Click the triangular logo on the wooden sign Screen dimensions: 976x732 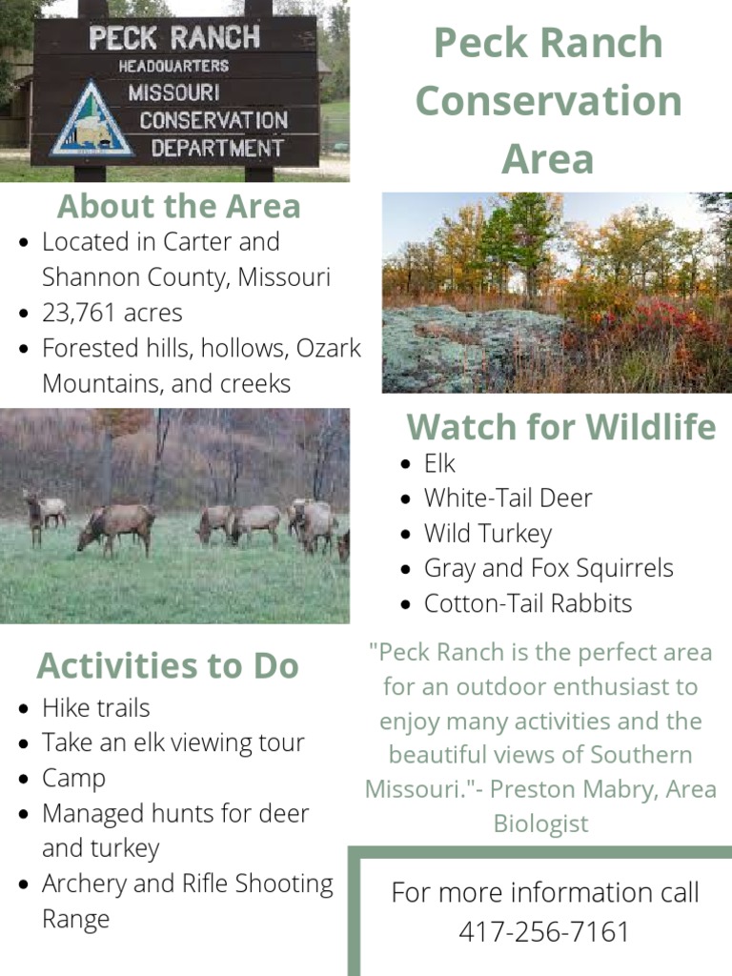(x=92, y=120)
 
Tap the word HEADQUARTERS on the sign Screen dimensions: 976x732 (x=173, y=66)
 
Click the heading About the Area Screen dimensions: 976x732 (x=178, y=206)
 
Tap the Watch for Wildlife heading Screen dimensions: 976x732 (x=560, y=427)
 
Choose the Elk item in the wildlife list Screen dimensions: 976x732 (x=439, y=464)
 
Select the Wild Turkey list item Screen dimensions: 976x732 (x=487, y=534)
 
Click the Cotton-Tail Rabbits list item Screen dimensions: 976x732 (x=527, y=603)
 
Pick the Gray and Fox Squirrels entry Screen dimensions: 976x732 (x=548, y=568)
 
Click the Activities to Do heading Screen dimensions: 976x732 (x=168, y=665)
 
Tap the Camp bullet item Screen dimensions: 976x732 (x=73, y=778)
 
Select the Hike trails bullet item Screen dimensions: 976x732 (x=95, y=708)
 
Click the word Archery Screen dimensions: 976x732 (x=84, y=884)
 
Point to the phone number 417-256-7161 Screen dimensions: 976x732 (x=544, y=931)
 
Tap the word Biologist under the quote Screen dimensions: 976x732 (x=540, y=823)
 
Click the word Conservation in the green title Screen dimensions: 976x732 (x=548, y=101)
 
